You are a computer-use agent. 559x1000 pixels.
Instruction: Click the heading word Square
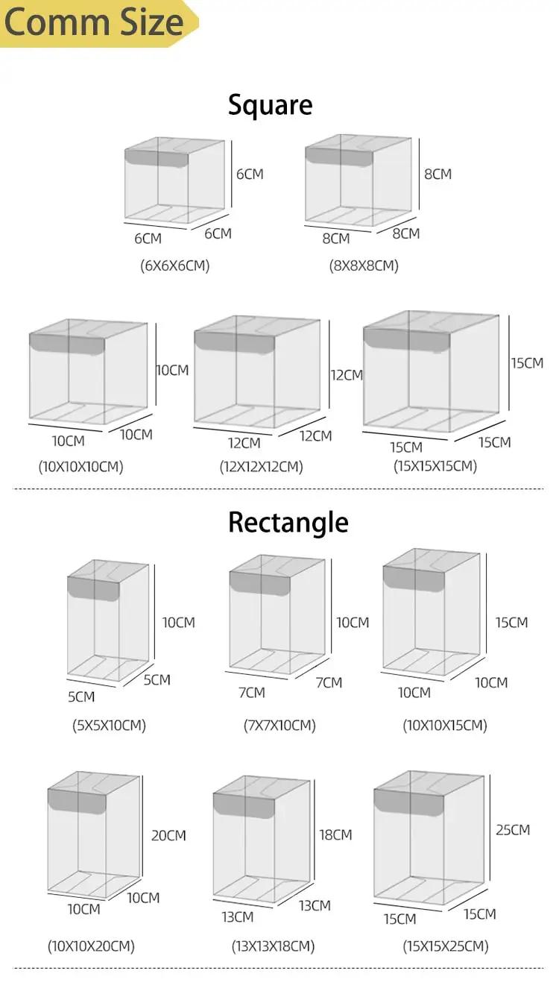click(x=270, y=104)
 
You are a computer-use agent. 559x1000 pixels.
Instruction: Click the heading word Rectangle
click(x=288, y=522)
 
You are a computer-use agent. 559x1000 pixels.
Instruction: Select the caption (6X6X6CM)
click(x=174, y=265)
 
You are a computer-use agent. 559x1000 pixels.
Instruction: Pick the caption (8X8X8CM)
click(x=363, y=265)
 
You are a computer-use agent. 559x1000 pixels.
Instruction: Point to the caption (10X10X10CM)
click(x=80, y=468)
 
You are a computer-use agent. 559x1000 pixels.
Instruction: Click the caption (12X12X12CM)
click(x=261, y=468)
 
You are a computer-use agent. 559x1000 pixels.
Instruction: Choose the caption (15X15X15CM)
click(x=435, y=467)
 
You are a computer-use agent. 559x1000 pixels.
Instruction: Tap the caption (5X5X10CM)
click(x=109, y=725)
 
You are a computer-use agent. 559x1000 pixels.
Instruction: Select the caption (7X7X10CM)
click(x=279, y=725)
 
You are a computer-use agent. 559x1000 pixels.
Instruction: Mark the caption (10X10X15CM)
click(x=444, y=725)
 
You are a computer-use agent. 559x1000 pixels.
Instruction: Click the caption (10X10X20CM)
click(x=91, y=946)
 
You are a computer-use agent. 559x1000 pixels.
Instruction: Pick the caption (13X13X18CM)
click(x=272, y=946)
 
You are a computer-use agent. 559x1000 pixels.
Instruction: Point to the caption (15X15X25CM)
click(x=446, y=946)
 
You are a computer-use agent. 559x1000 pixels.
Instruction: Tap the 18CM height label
click(x=335, y=835)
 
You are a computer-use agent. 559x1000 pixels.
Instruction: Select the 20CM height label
click(x=168, y=836)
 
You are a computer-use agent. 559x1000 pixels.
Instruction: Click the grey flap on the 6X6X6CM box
click(x=156, y=158)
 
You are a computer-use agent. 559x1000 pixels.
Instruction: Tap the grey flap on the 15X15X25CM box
click(x=408, y=802)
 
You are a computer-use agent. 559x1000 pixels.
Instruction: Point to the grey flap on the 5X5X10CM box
click(x=93, y=588)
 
